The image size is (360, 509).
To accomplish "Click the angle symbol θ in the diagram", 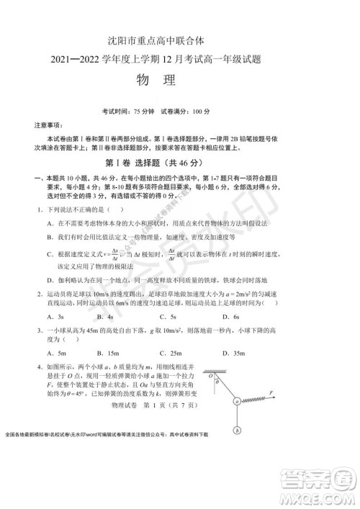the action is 217,383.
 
